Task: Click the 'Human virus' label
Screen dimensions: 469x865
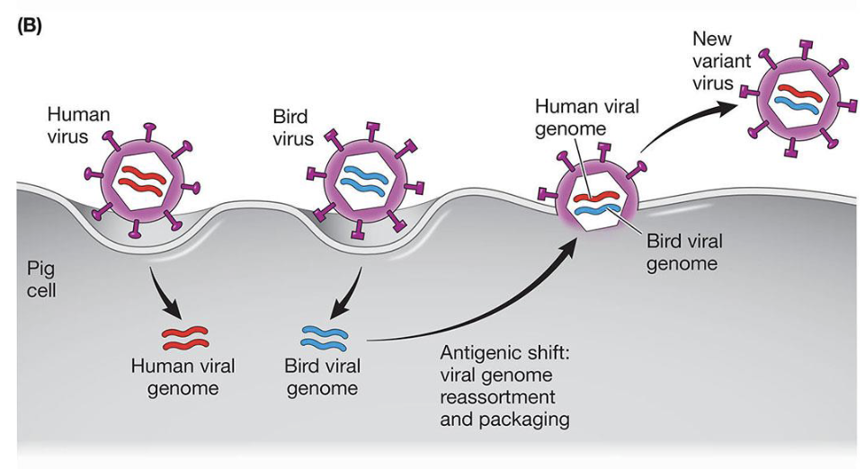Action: (78, 126)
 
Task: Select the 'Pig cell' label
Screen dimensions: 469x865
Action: (40, 279)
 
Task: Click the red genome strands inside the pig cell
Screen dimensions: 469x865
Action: (184, 337)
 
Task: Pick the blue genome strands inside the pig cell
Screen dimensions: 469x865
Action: (322, 338)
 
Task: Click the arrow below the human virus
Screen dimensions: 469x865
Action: (171, 292)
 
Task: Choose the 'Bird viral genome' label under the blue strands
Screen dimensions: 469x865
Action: (321, 377)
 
